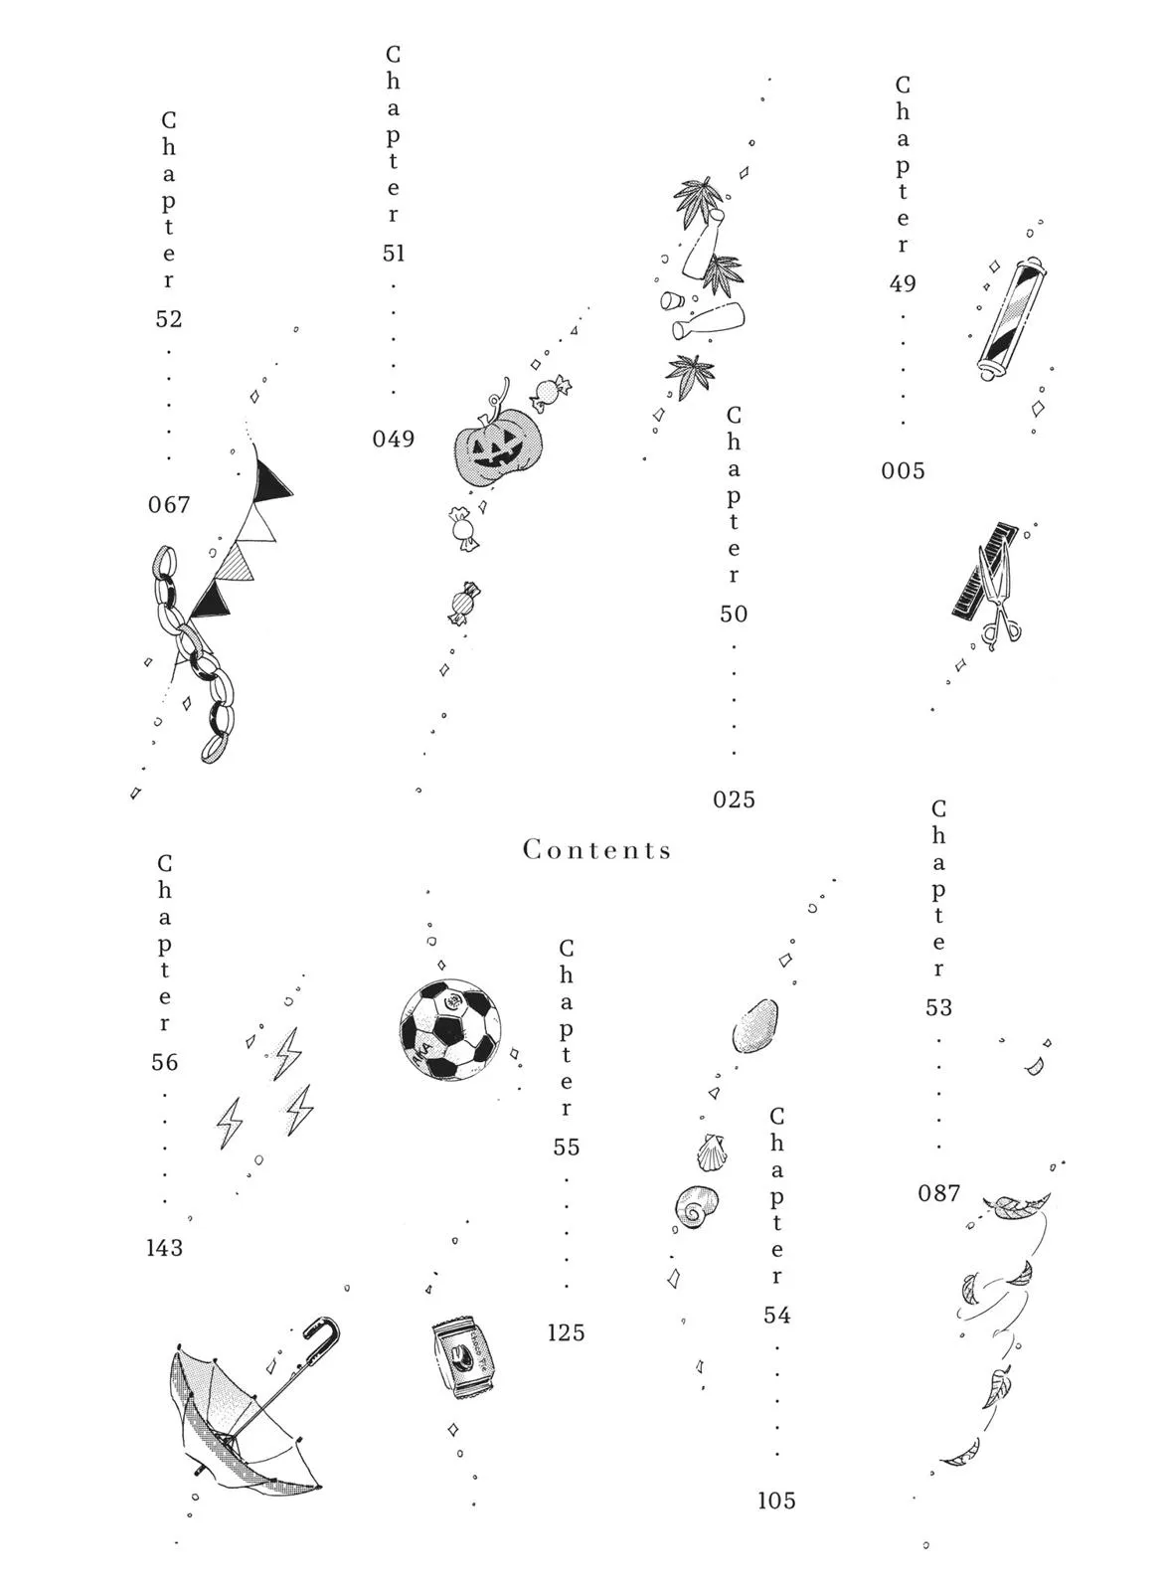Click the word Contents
[596, 850]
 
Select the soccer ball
[449, 1030]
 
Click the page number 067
[169, 505]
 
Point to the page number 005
[903, 471]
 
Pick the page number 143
[164, 1248]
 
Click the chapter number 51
[394, 253]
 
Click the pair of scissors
[998, 598]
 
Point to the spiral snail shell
[696, 1205]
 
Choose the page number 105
[776, 1501]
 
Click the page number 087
[938, 1193]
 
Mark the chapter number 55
[566, 1148]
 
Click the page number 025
[734, 799]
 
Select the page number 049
[394, 439]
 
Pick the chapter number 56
[164, 1063]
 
